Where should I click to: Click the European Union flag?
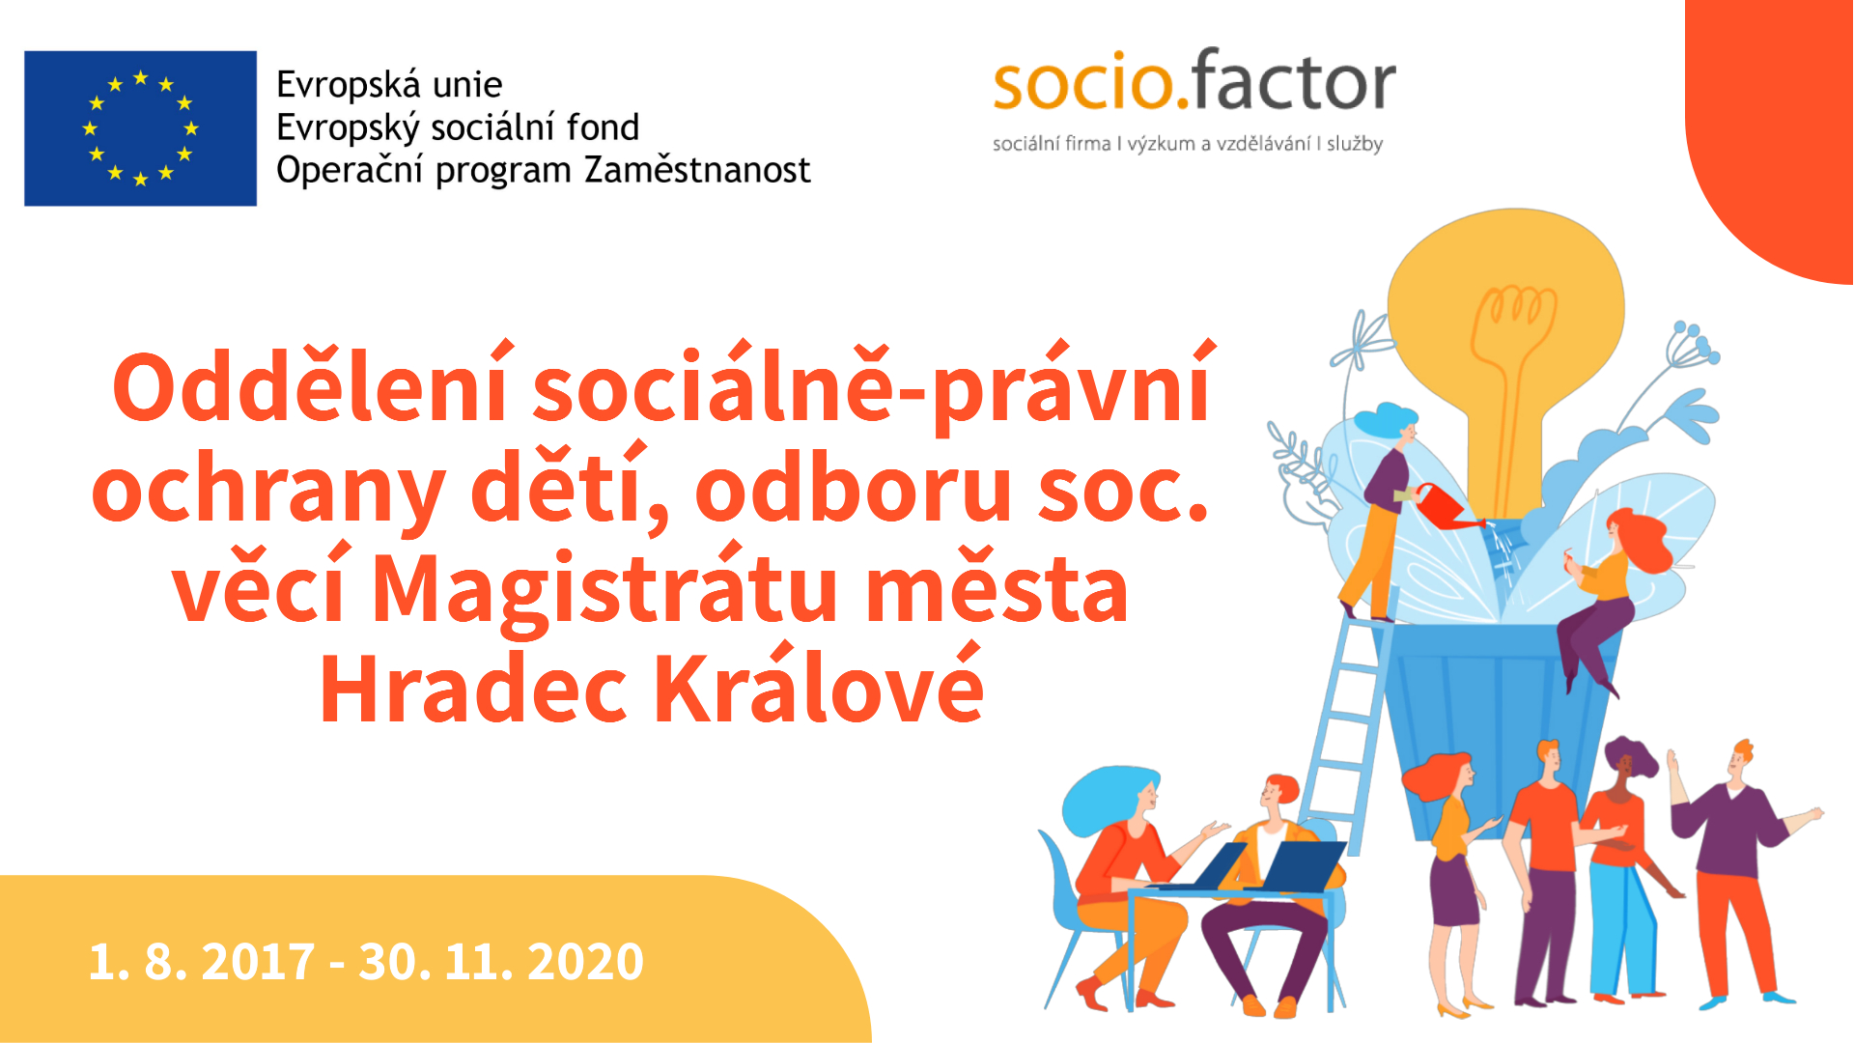[140, 128]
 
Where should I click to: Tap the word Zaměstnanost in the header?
[697, 170]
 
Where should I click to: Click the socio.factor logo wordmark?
[1194, 80]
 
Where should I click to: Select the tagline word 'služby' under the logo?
[1355, 144]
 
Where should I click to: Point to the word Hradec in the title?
[474, 689]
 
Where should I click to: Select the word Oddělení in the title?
[311, 383]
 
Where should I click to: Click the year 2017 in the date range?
[258, 962]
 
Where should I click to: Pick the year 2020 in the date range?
[586, 962]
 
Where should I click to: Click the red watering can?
[1446, 506]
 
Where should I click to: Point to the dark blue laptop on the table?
[1297, 865]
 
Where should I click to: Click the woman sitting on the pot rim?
[1608, 599]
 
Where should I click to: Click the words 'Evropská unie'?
[389, 85]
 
